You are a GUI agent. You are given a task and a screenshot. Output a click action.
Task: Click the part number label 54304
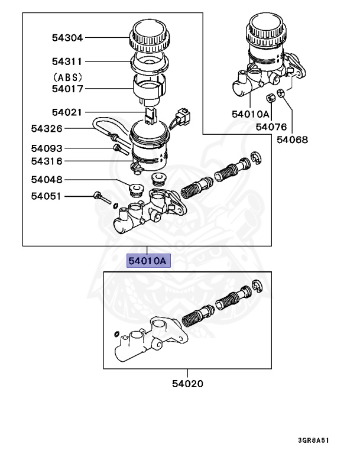[x=67, y=37]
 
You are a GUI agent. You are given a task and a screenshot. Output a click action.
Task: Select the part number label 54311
[x=67, y=61]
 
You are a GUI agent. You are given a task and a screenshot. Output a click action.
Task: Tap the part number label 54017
[x=67, y=89]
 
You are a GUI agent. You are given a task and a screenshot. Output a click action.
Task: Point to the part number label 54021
[x=67, y=112]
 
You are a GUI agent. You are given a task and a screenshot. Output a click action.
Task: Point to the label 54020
[x=187, y=384]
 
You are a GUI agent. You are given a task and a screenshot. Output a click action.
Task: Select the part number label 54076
[x=271, y=127]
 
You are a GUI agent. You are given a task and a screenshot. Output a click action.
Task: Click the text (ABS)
[x=67, y=77]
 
